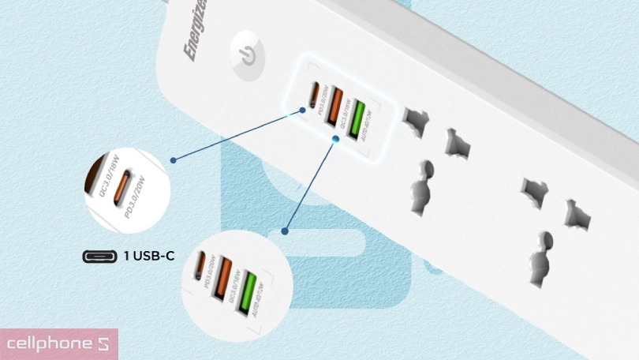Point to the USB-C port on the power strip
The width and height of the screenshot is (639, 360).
pyautogui.click(x=314, y=96)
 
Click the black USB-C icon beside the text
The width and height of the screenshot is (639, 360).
pyautogui.click(x=99, y=256)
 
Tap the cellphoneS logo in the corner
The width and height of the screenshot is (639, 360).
pyautogui.click(x=59, y=344)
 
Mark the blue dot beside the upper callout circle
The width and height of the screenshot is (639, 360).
pyautogui.click(x=173, y=159)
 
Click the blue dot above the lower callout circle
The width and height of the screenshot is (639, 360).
pyautogui.click(x=286, y=231)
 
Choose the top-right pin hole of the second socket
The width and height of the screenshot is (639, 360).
pyautogui.click(x=575, y=214)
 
